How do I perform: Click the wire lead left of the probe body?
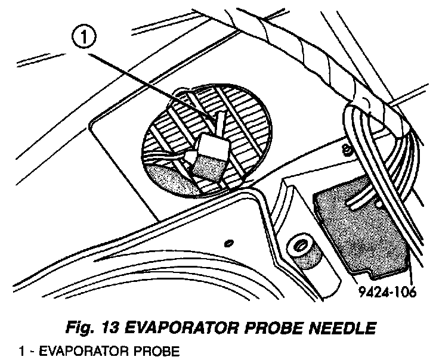tap(179, 157)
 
